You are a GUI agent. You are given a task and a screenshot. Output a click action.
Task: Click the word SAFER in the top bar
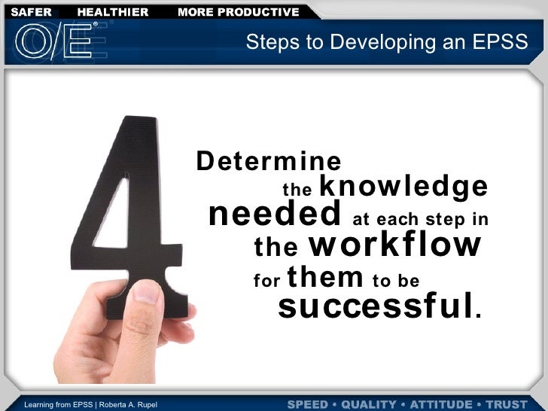click(x=31, y=12)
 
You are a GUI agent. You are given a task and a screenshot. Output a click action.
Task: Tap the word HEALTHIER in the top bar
click(x=113, y=12)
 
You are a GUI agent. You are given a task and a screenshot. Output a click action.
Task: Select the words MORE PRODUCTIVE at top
click(x=238, y=12)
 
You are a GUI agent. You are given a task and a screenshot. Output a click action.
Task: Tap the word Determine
click(x=269, y=162)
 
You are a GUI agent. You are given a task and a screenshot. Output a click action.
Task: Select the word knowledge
click(x=404, y=186)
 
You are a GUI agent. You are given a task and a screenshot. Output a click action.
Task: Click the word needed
click(x=275, y=215)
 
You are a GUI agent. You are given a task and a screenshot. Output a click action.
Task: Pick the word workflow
click(x=394, y=245)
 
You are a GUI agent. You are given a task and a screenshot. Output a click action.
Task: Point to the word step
click(x=439, y=221)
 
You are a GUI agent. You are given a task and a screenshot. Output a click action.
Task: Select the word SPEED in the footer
click(x=308, y=405)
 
